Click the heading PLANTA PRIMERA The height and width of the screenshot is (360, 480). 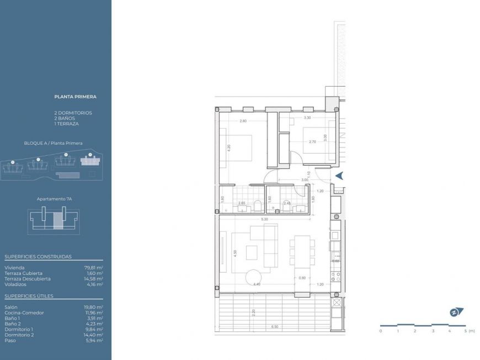(x=76, y=97)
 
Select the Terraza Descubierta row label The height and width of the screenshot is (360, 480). (x=28, y=279)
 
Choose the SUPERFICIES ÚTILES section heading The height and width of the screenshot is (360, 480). (x=29, y=296)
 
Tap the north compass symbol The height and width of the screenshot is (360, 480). (x=456, y=312)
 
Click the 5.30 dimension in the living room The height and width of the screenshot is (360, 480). (x=265, y=219)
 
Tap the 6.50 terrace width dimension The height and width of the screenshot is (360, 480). (x=274, y=327)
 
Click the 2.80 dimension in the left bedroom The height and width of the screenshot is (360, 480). (x=243, y=121)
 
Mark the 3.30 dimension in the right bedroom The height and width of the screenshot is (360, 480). (x=307, y=118)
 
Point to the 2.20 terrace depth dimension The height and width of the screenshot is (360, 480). (x=253, y=313)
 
